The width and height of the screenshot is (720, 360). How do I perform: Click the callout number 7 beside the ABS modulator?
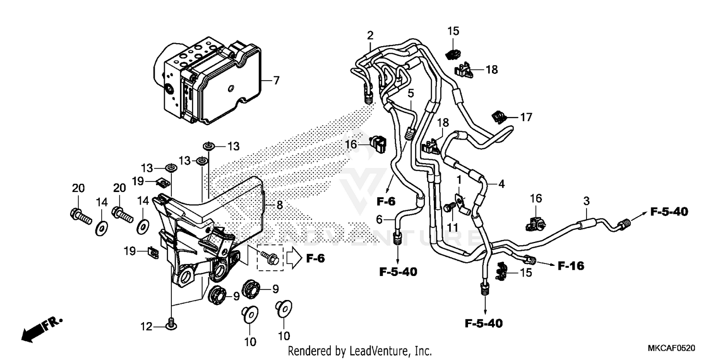click(x=276, y=81)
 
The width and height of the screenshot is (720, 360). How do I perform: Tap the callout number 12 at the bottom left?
click(x=146, y=327)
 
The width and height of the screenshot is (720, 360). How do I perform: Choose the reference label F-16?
click(x=571, y=265)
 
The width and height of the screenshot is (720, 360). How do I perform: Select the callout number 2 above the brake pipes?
click(x=370, y=35)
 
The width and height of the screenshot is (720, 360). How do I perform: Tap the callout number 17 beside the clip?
click(x=526, y=117)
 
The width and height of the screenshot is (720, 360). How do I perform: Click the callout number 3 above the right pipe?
click(x=586, y=201)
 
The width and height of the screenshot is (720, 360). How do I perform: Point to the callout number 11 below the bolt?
click(x=453, y=226)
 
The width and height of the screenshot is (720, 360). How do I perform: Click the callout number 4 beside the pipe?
click(x=501, y=183)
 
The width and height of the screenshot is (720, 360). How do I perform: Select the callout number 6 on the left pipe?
click(x=379, y=219)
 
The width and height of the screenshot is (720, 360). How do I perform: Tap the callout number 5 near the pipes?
click(x=411, y=92)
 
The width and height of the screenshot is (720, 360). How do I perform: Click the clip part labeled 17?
click(x=499, y=117)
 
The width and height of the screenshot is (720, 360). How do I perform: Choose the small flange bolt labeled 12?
click(x=170, y=325)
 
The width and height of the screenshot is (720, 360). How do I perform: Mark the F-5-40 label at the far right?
click(x=669, y=211)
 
